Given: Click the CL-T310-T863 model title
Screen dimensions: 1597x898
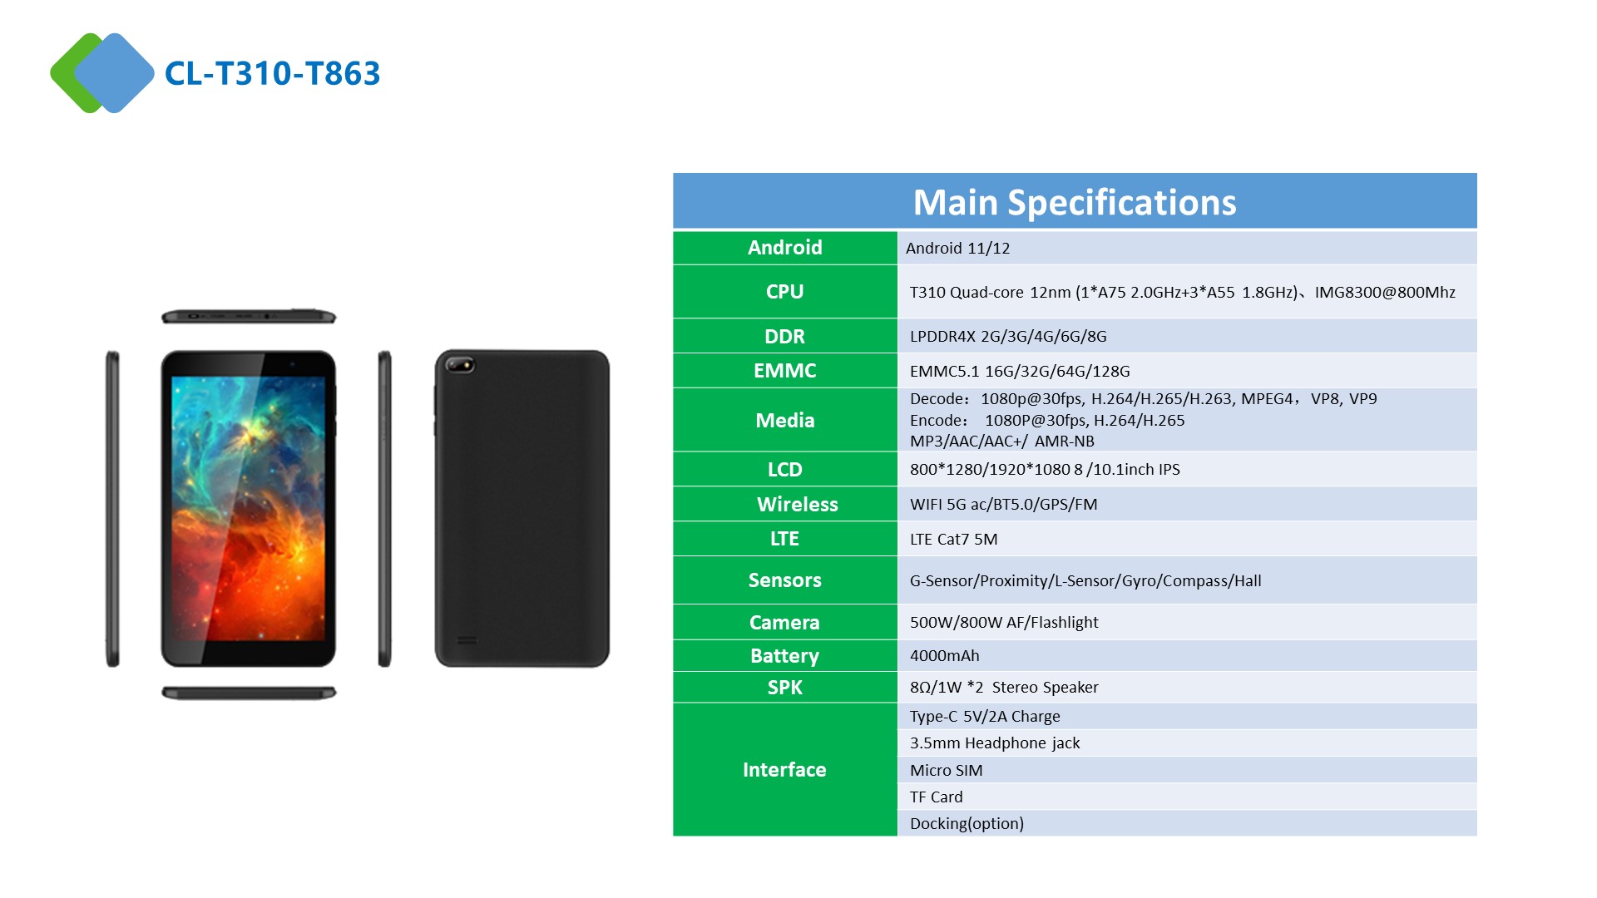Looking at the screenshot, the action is pos(272,73).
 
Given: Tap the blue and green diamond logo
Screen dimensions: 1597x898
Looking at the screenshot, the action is pos(102,73).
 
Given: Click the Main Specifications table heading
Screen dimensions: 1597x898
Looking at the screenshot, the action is pos(1075,202).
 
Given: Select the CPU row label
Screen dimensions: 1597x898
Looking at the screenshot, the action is pos(784,292).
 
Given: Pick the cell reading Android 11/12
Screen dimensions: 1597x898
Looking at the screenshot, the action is pos(957,248).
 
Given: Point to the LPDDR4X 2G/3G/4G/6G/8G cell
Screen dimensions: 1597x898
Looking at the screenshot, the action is pos(1008,336).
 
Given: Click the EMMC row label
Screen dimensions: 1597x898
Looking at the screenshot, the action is pos(784,371).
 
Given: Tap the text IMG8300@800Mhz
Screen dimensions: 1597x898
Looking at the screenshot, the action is pos(1385,292).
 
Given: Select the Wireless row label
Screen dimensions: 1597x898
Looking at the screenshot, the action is pos(797,504).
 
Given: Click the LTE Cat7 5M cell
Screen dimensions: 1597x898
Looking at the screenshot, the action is pos(953,539).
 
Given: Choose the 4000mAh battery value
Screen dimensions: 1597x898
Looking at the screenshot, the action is pos(944,655).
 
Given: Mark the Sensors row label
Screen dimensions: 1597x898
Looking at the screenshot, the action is pos(784,580).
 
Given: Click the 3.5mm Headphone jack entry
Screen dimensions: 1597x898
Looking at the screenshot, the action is pos(995,743).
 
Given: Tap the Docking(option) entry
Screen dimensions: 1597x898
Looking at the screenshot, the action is pos(967,823).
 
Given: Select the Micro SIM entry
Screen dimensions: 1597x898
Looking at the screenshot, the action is pos(946,770).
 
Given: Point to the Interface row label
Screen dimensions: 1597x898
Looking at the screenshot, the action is pos(784,770).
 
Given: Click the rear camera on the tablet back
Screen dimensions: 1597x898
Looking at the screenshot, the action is pos(460,364).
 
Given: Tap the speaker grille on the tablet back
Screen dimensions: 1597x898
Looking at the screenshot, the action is pos(467,640).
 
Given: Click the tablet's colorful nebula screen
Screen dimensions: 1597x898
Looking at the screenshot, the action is pos(248,508).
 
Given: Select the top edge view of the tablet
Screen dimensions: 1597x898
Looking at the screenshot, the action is pos(248,316).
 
